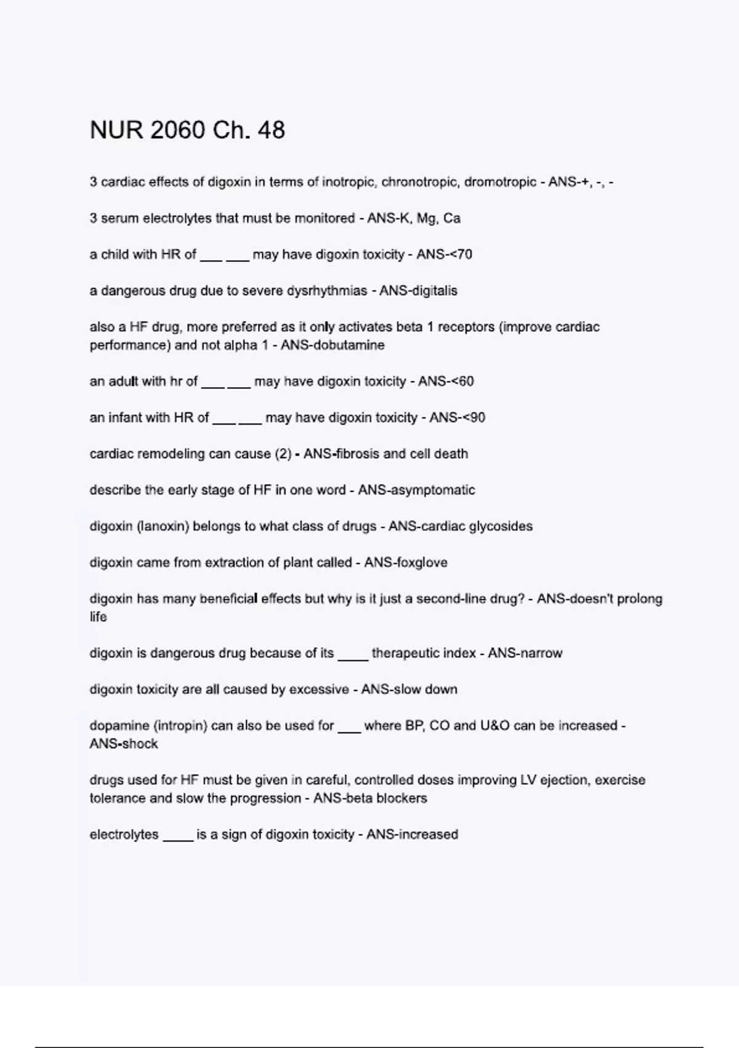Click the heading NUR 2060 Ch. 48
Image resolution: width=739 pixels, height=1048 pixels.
[187, 130]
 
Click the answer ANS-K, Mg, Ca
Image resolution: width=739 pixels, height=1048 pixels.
[414, 218]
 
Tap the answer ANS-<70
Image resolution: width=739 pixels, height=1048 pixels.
[444, 255]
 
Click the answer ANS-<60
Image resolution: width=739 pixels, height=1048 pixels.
[446, 382]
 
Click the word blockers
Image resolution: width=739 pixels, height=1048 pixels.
[402, 798]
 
